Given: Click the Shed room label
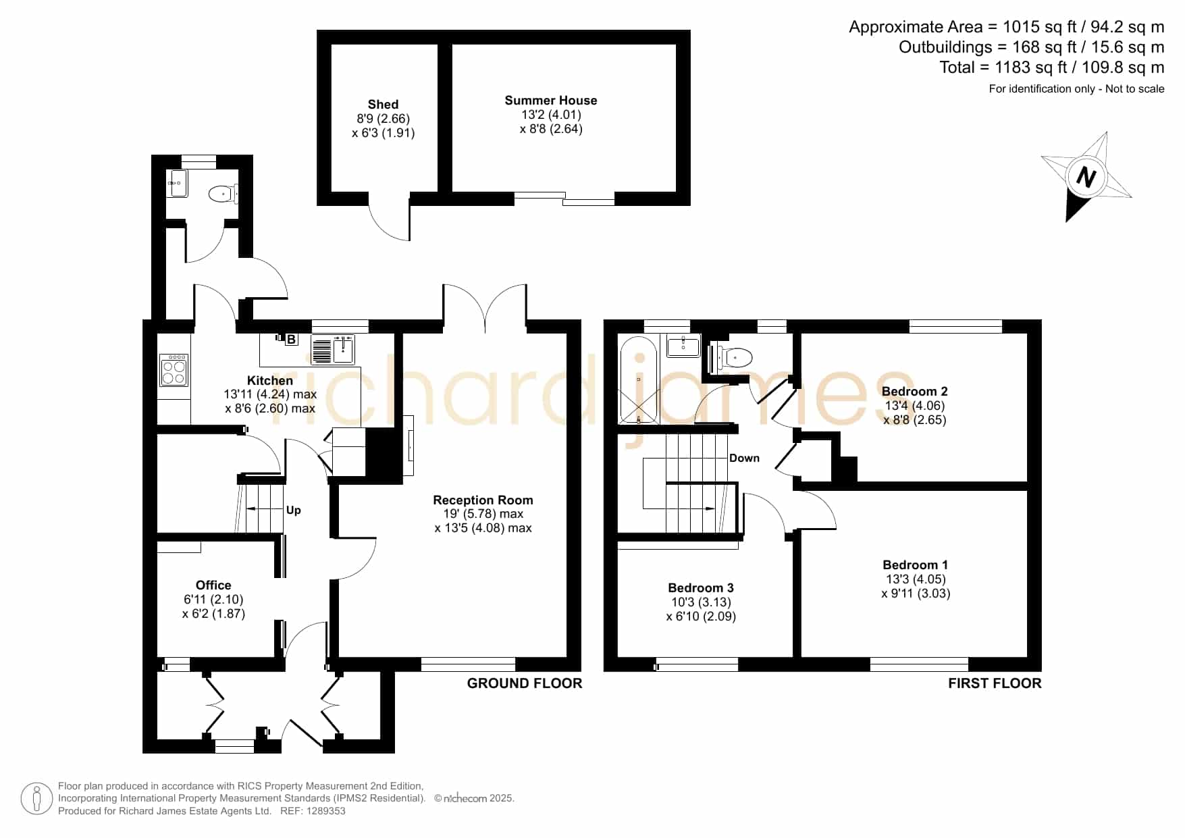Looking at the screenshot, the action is coord(383,104).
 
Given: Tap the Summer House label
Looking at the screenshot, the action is coord(551,100).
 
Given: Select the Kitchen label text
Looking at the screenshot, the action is coord(270,380).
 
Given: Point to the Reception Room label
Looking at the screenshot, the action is coord(483,500).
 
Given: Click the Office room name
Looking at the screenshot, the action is coord(213,585).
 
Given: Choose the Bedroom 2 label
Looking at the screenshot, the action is coord(915,391).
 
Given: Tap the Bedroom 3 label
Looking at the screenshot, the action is coord(701,587).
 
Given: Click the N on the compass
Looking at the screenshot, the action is coord(1086,177).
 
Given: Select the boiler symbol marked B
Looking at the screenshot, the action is coord(291,339).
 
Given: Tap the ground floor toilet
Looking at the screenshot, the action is coord(222,194).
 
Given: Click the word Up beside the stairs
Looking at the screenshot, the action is coord(294,510).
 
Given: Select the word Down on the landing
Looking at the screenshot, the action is coord(744,458).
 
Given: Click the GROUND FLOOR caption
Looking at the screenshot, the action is coord(525,683).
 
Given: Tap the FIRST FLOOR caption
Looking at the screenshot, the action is coord(995,683).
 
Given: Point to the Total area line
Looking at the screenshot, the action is coord(1052,68).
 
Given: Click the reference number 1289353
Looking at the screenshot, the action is coord(326,811).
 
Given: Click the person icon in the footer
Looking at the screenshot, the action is coord(36,799).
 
